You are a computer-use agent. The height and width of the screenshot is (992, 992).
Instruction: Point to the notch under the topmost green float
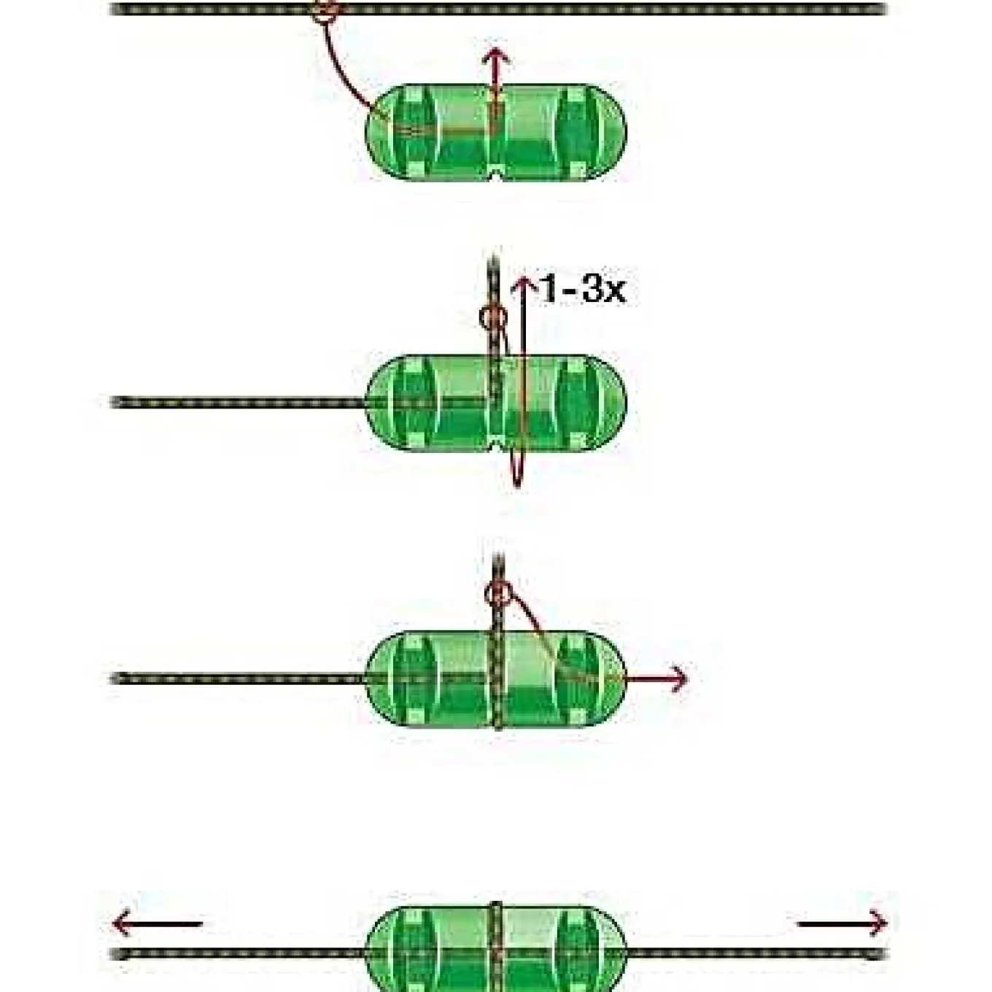pyautogui.click(x=496, y=177)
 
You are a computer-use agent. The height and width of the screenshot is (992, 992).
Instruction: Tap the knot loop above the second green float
pyautogui.click(x=492, y=318)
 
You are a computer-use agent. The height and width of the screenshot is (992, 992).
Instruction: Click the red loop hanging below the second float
pyautogui.click(x=517, y=466)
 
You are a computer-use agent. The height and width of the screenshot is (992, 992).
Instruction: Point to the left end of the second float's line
pyautogui.click(x=113, y=402)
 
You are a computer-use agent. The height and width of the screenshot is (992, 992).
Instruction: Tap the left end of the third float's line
pyautogui.click(x=113, y=679)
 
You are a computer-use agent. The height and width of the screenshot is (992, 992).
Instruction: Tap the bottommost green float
pyautogui.click(x=496, y=950)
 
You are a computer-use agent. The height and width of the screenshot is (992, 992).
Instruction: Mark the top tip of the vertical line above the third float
pyautogui.click(x=497, y=555)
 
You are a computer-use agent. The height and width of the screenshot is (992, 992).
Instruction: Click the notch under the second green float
pyautogui.click(x=496, y=448)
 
